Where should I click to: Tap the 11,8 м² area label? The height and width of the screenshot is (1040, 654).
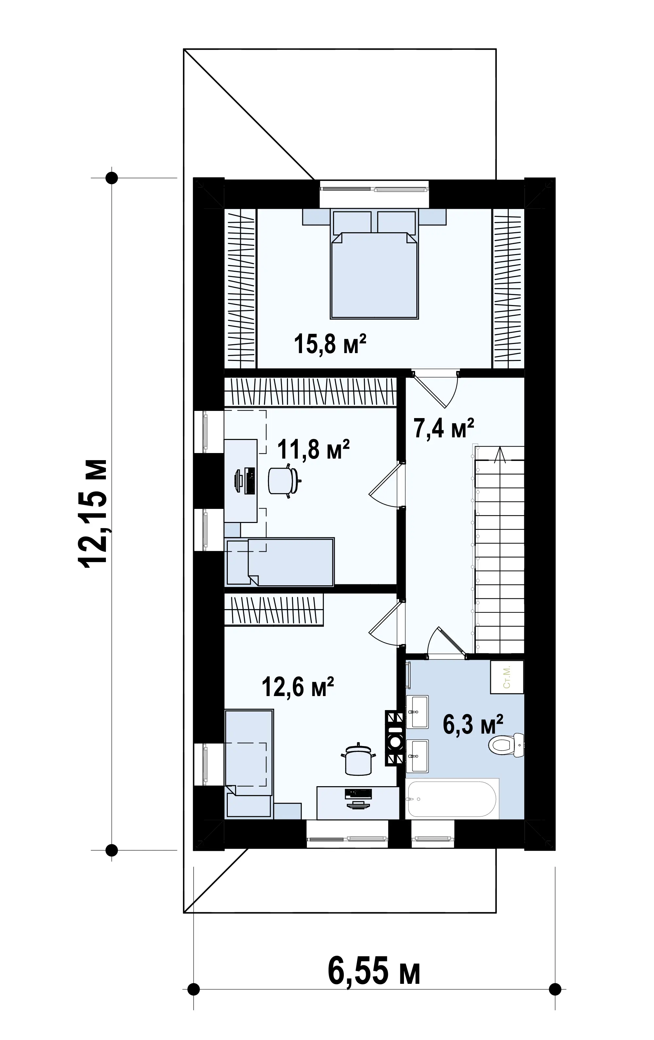click(313, 449)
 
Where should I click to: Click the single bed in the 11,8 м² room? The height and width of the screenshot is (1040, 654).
click(280, 562)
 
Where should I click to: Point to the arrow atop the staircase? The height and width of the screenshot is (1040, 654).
click(501, 454)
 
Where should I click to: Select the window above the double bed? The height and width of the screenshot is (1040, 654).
click(374, 189)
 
